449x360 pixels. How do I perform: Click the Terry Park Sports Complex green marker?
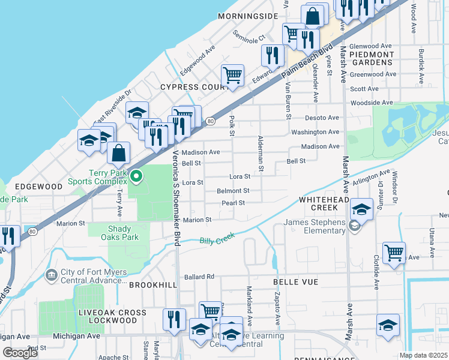pos(137,176)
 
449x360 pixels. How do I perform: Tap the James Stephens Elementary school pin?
pos(354,226)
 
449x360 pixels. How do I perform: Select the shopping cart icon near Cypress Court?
pos(232,76)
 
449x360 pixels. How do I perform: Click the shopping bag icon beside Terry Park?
pos(119,154)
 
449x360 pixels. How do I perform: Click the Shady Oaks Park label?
pos(123,233)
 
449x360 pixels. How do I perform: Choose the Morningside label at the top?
pos(249,16)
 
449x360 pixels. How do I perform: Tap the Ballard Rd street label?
pos(199,277)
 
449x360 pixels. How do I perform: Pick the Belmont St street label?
pos(233,191)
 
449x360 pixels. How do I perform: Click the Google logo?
pos(20,353)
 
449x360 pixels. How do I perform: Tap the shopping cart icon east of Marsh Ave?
pos(394,253)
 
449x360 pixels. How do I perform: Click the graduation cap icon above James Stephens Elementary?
pos(362,209)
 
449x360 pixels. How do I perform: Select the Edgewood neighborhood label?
pos(39,187)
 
